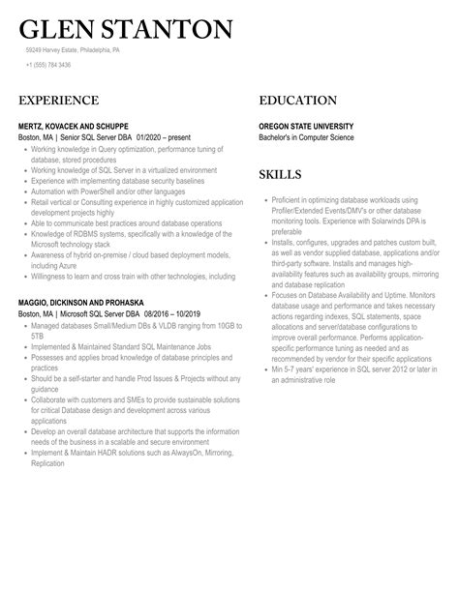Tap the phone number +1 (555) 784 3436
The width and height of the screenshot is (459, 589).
pyautogui.click(x=48, y=65)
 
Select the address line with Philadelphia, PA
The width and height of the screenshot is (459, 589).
pyautogui.click(x=74, y=49)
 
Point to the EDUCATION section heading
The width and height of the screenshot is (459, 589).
pyautogui.click(x=298, y=101)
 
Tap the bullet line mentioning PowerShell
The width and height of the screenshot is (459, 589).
pyautogui.click(x=107, y=191)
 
